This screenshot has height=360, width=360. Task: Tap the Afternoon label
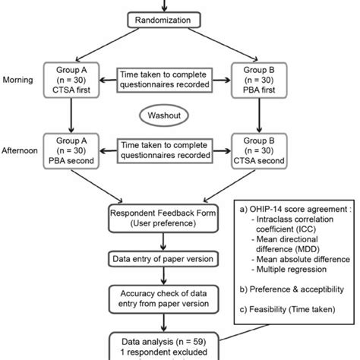21,151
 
